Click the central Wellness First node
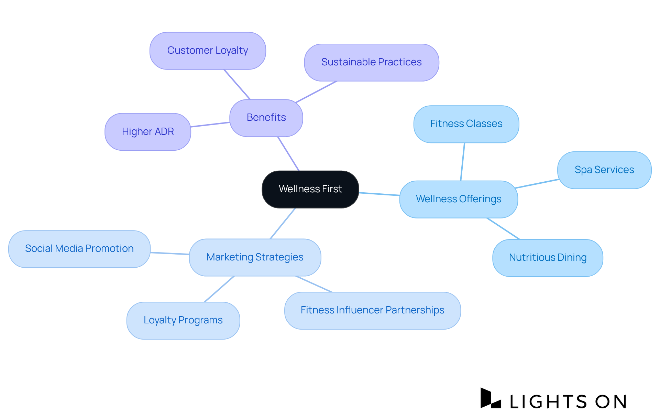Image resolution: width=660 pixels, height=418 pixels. pyautogui.click(x=310, y=189)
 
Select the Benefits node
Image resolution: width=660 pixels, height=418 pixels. pyautogui.click(x=266, y=118)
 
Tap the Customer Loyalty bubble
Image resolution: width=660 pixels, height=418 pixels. pyautogui.click(x=208, y=51)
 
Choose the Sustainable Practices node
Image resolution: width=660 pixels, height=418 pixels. pyautogui.click(x=371, y=62)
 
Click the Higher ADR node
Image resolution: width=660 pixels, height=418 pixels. pyautogui.click(x=148, y=132)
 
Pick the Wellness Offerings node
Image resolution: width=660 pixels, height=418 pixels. pyautogui.click(x=458, y=199)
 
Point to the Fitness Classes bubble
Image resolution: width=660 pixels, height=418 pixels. pyautogui.click(x=466, y=124)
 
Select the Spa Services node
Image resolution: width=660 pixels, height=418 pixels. pyautogui.click(x=604, y=170)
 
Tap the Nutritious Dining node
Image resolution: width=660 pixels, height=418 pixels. pyautogui.click(x=547, y=258)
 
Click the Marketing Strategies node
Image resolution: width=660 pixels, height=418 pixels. pyautogui.click(x=255, y=257)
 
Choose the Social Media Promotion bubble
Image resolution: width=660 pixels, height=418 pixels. pyautogui.click(x=79, y=249)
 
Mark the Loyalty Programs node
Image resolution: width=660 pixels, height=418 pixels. pyautogui.click(x=183, y=320)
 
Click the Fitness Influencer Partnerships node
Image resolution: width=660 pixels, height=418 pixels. pyautogui.click(x=372, y=310)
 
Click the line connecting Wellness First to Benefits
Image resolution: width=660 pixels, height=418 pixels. pyautogui.click(x=288, y=153)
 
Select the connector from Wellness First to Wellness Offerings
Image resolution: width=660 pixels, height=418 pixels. pyautogui.click(x=379, y=194)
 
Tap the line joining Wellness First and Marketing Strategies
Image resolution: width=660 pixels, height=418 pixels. pyautogui.click(x=283, y=223)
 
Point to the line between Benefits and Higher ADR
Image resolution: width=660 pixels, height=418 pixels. pyautogui.click(x=210, y=125)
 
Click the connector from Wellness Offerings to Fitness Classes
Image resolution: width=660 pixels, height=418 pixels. pyautogui.click(x=463, y=162)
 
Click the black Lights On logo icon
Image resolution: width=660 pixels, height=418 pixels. pyautogui.click(x=490, y=398)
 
